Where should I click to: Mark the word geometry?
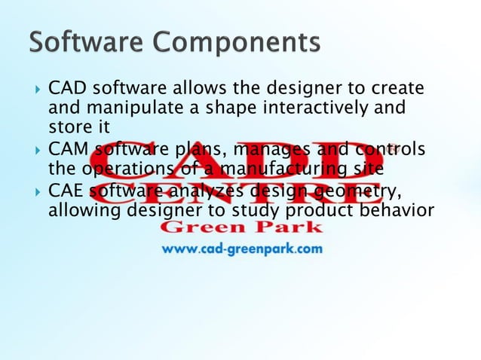tap(352, 191)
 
